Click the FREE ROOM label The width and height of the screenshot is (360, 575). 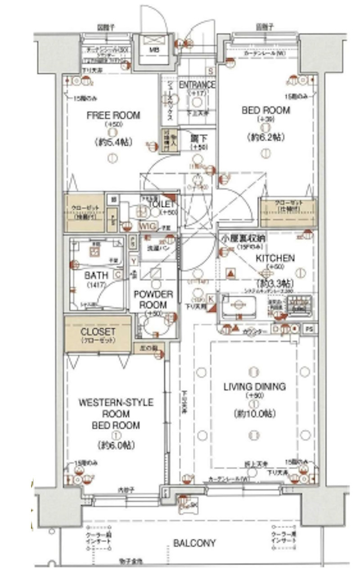113,115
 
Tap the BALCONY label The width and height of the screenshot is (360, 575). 194,543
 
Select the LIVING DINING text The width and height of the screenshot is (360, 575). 255,386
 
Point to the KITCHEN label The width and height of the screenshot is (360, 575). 275,258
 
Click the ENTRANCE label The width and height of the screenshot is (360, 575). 197,85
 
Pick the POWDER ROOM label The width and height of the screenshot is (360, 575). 153,299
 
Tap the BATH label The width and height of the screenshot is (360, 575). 96,275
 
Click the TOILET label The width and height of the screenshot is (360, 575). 157,204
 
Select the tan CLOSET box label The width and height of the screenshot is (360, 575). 98,332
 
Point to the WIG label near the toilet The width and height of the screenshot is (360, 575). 147,226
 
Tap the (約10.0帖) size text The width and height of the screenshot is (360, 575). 254,413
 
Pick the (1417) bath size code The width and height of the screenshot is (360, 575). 96,285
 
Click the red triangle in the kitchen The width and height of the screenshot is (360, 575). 231,273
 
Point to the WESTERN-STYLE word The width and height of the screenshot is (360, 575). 116,402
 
